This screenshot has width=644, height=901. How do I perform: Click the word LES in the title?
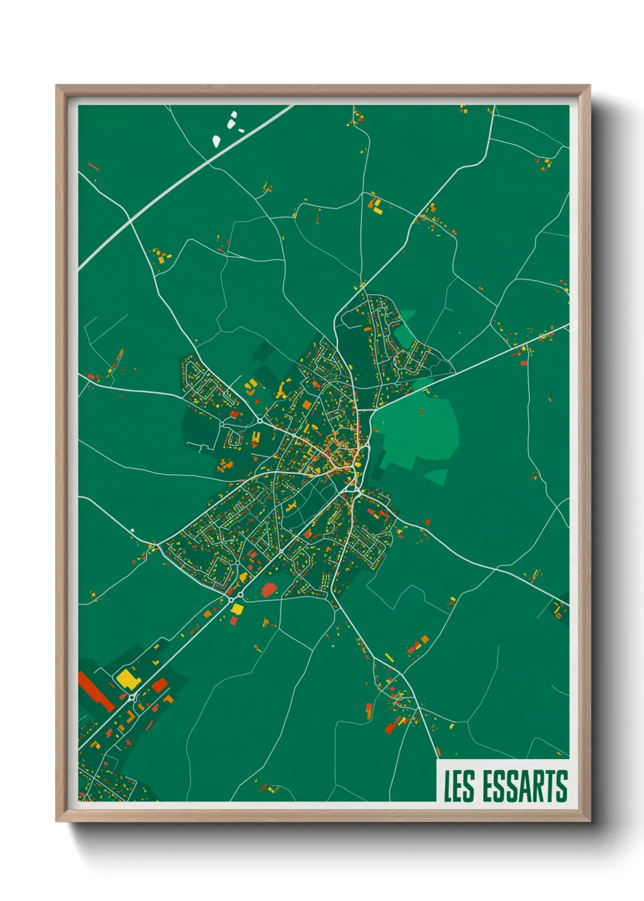[x=459, y=786]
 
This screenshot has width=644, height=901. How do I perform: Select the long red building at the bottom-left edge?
[x=96, y=690]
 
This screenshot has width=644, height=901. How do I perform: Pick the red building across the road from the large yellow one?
[x=159, y=685]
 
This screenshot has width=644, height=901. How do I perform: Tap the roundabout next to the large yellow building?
[x=131, y=696]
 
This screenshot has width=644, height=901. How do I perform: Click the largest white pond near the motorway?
[x=216, y=141]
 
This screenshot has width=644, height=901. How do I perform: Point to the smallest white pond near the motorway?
[x=241, y=130]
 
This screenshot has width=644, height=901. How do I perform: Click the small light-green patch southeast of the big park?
[x=436, y=477]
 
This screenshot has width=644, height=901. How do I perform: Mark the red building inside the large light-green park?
[x=421, y=412]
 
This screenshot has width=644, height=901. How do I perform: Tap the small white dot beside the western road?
[x=132, y=530]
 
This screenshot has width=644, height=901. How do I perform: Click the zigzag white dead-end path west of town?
[x=204, y=447]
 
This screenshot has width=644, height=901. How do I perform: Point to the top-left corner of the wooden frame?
[x=57, y=86]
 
